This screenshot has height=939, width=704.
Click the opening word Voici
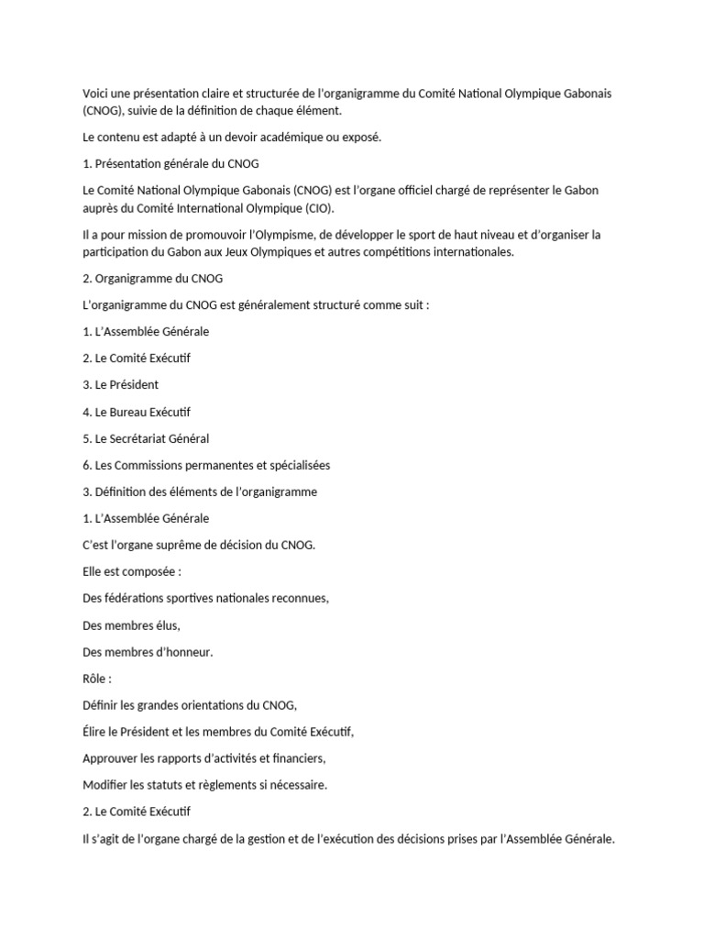[96, 94]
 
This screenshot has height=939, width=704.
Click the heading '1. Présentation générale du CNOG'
[170, 164]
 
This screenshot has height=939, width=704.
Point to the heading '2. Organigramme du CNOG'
[152, 278]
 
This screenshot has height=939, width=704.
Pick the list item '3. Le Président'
[120, 384]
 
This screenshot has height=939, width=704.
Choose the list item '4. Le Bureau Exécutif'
[137, 412]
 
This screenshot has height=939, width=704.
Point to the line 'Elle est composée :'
[132, 571]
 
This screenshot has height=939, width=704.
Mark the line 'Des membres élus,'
[131, 625]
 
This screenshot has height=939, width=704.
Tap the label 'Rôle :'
[97, 679]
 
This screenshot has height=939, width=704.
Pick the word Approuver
[115, 758]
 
